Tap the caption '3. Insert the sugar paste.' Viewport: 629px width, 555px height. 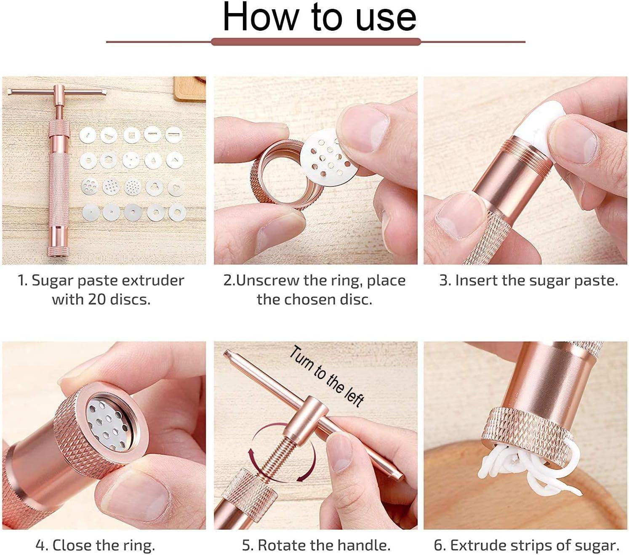click(x=528, y=280)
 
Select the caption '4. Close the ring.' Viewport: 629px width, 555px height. click(x=95, y=545)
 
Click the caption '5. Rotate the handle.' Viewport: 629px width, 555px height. click(x=316, y=545)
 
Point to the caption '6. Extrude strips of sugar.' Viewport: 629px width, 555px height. click(x=526, y=545)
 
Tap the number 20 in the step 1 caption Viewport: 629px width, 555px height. click(x=97, y=299)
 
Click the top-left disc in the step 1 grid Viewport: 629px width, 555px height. click(x=88, y=135)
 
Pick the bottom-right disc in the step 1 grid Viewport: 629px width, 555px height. click(x=177, y=213)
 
